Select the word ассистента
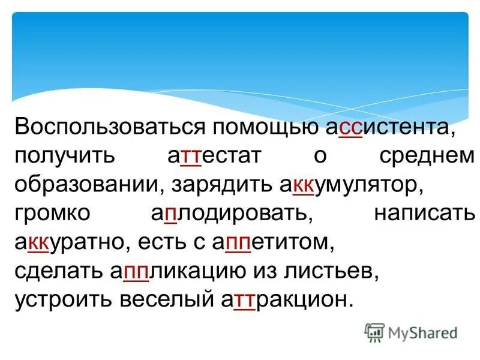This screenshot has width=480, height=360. point(386,128)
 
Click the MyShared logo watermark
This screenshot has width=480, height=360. point(412,332)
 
